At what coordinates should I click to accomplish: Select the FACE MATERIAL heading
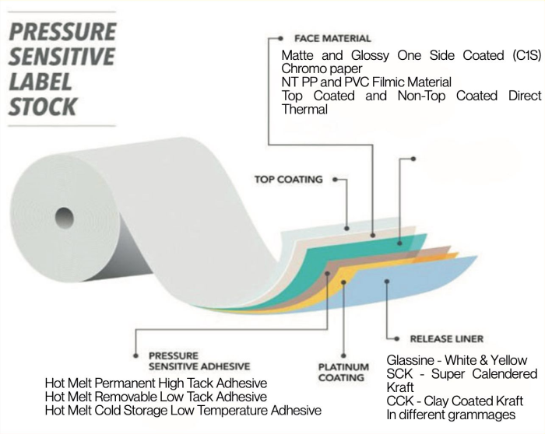click(x=332, y=38)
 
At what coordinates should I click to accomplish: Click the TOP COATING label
click(x=288, y=180)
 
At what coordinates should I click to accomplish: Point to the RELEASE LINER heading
click(x=446, y=339)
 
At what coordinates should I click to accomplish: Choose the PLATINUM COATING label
click(x=343, y=373)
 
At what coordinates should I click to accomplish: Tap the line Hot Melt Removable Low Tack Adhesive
click(x=155, y=397)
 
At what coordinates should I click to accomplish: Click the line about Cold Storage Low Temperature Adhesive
click(x=182, y=410)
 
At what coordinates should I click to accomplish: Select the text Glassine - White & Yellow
click(x=457, y=360)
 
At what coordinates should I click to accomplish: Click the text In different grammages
click(x=452, y=415)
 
